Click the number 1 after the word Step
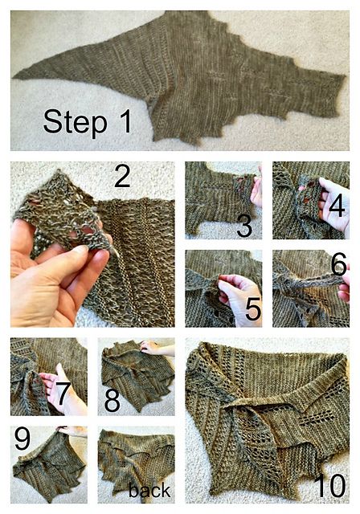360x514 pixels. tap(125, 121)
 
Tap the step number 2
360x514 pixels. tap(122, 176)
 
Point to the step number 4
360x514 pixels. tap(337, 206)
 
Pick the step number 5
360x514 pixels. tap(253, 309)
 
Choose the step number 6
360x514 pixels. tap(338, 264)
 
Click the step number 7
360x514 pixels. tap(63, 393)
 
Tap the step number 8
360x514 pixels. tap(112, 401)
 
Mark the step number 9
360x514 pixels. tap(22, 439)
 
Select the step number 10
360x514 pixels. tap(332, 485)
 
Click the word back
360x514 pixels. tap(149, 491)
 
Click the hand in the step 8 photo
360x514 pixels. tap(157, 349)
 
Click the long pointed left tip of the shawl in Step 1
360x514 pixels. tap(14, 77)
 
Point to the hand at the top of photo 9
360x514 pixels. tap(72, 431)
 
